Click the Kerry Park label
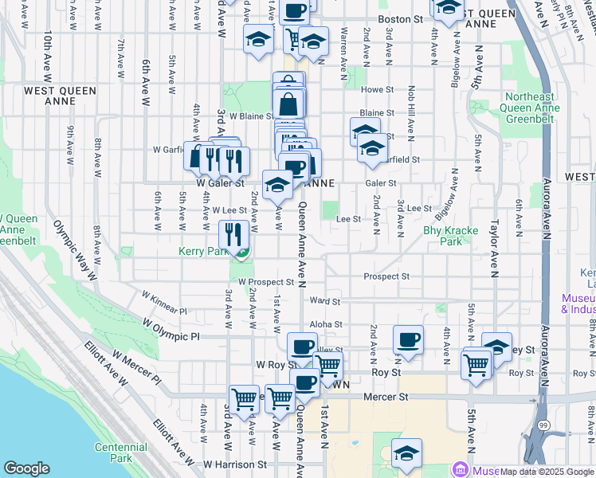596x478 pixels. (204, 250)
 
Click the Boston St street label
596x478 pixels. (400, 18)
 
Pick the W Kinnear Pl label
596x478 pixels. (164, 304)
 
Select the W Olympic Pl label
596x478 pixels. (171, 331)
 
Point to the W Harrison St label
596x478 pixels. (234, 464)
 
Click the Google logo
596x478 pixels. (26, 468)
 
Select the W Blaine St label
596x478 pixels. (253, 116)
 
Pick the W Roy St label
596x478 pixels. (271, 364)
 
